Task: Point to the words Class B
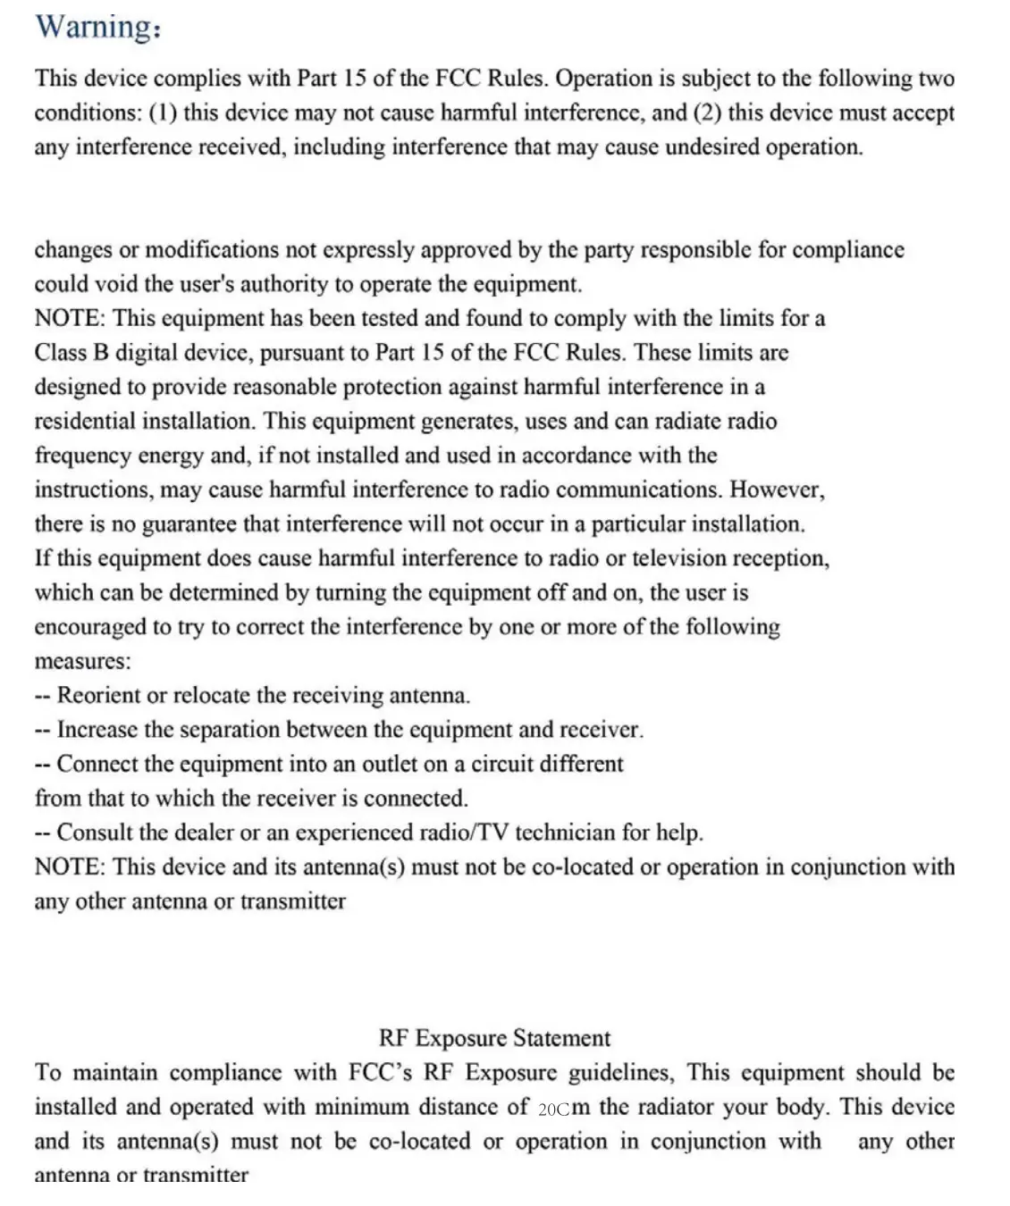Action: (x=72, y=353)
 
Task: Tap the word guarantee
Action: (x=183, y=524)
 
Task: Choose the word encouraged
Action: (x=90, y=627)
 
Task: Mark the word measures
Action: (x=81, y=662)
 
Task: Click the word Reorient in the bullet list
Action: (x=98, y=696)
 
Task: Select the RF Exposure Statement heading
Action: (x=494, y=1038)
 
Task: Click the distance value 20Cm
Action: (x=564, y=1108)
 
